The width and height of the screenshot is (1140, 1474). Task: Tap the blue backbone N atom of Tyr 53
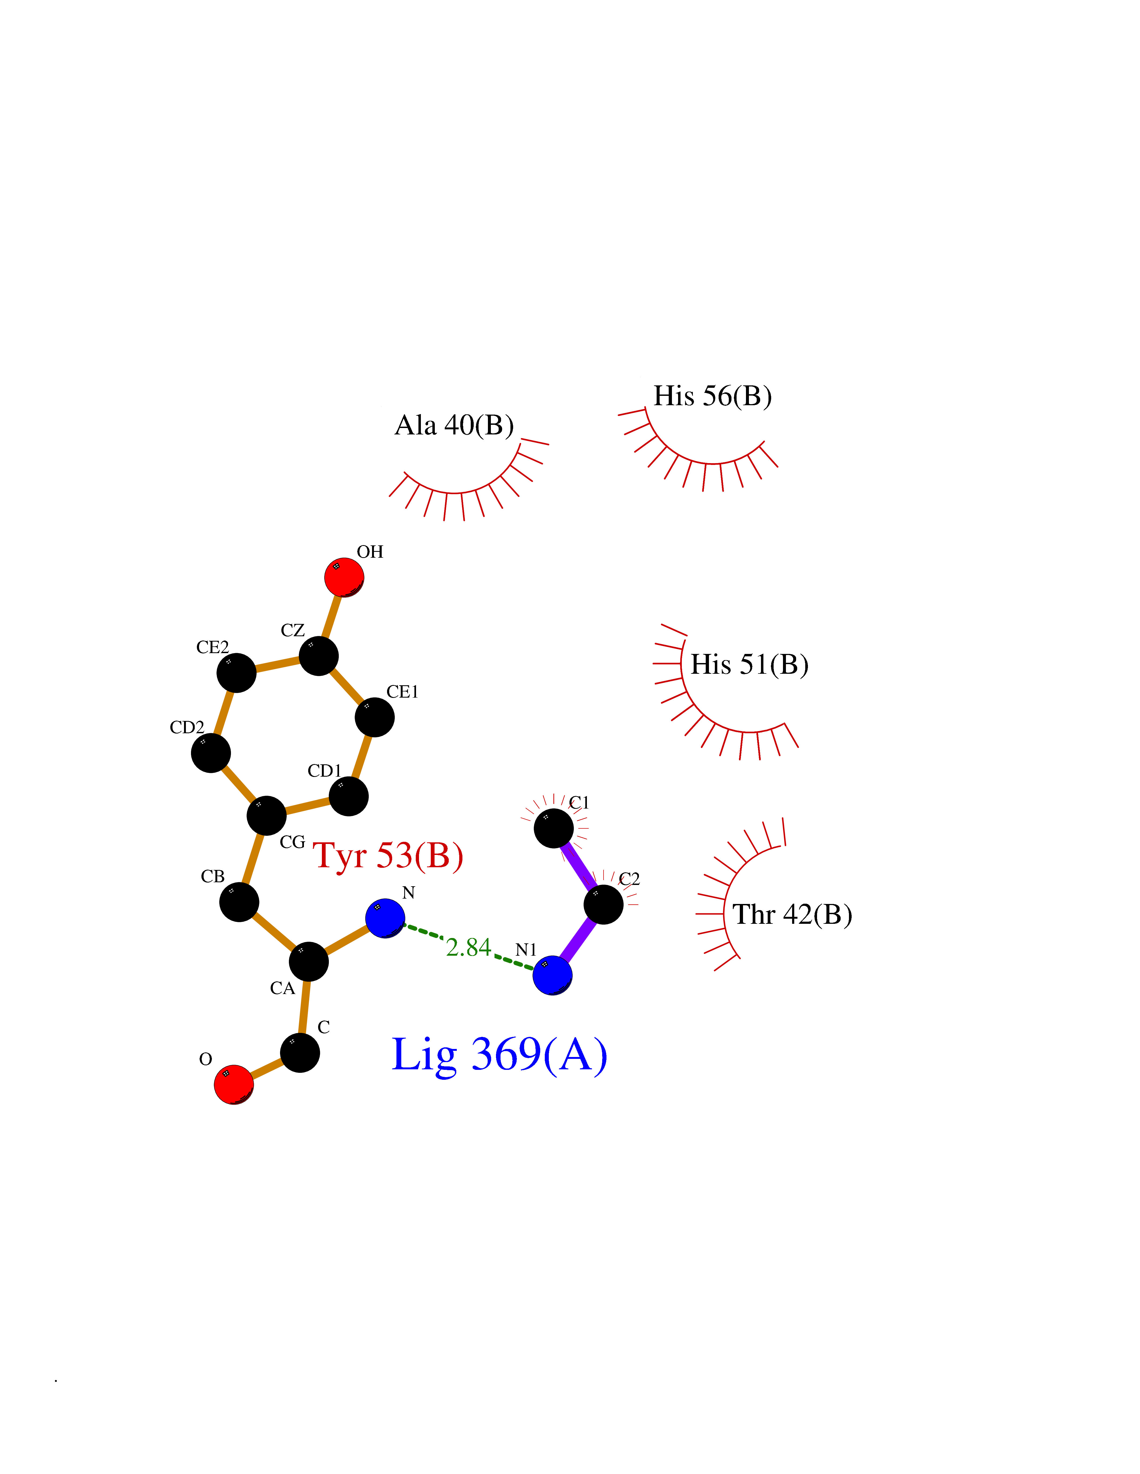coord(385,918)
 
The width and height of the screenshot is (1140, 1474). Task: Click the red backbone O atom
coord(234,1085)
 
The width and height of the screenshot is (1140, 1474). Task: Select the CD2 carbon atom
coord(211,753)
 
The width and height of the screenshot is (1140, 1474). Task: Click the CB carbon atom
coord(239,902)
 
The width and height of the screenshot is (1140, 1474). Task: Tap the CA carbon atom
coord(309,962)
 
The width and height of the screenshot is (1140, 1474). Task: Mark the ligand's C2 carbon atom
coord(603,904)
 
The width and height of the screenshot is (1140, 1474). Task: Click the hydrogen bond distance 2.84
coord(468,948)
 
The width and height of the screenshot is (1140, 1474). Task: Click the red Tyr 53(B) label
coord(388,856)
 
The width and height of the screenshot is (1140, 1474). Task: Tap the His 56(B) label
coord(712,396)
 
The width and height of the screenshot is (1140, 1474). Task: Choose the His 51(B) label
coord(749,665)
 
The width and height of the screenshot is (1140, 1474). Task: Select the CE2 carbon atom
coord(236,672)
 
